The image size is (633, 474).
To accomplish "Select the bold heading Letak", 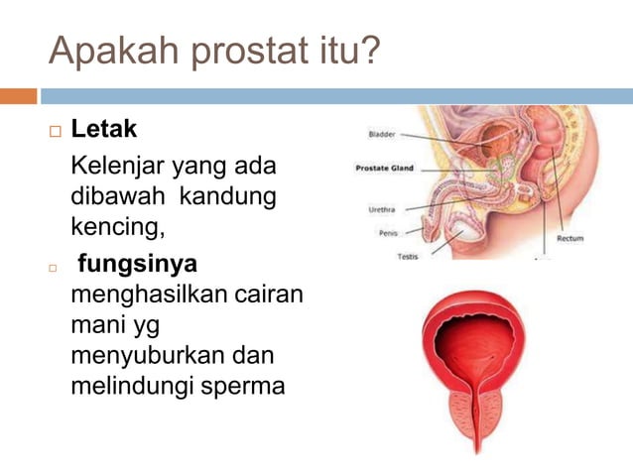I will click(103, 130).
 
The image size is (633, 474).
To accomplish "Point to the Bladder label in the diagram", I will click(382, 134).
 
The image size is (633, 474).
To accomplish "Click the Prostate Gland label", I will click(385, 169).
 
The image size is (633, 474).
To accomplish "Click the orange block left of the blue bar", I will click(18, 96).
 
